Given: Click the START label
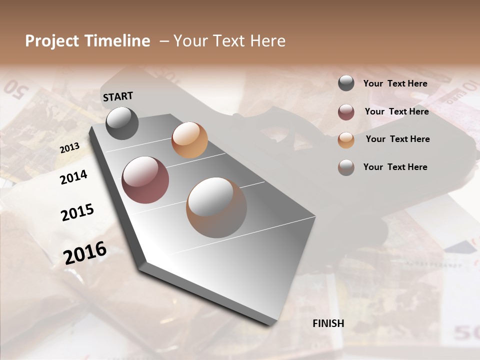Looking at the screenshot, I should pos(118,96).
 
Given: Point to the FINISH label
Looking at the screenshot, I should pos(328,323).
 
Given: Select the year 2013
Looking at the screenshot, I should pos(69,148).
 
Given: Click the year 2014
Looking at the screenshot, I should pos(73,177).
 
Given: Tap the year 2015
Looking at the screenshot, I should pos(77,212).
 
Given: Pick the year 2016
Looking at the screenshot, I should pos(85,252).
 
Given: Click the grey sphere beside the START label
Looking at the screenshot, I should pos(122,123).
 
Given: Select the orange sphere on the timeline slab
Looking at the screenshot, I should pos(189,140).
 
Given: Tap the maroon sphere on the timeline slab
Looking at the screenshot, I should pos(145,180).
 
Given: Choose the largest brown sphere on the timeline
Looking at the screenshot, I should pos(216,207).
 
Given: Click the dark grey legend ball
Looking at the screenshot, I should pos(346,83).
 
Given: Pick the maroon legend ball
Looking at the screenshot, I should pos(346,112).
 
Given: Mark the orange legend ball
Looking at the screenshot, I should pos(346,139).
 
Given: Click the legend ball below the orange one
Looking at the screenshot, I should pos(346,167).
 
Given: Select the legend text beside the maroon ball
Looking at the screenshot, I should pos(396,111).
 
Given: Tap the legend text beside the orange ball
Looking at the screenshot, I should pos(397,139).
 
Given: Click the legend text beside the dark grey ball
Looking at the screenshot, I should pos(395,83).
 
